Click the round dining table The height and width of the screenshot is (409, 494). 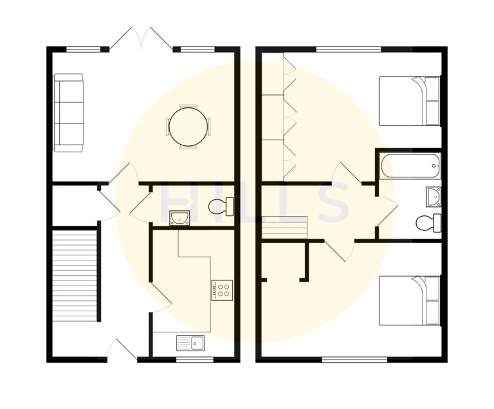coord(188,127)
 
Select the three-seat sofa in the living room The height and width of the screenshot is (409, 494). coord(68,113)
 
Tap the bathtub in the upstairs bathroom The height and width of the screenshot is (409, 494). coord(410,166)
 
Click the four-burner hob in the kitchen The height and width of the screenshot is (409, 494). coord(223,289)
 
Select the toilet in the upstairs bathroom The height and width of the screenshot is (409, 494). coord(428,223)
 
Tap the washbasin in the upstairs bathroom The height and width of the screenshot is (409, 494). coord(433,195)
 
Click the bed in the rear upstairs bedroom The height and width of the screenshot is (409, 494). coord(409,101)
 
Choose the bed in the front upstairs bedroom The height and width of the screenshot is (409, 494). coord(409,300)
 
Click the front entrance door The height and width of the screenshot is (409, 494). coord(122,349)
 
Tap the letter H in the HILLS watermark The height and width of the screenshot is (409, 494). coord(175,203)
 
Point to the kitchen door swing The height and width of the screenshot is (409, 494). coord(161,299)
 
